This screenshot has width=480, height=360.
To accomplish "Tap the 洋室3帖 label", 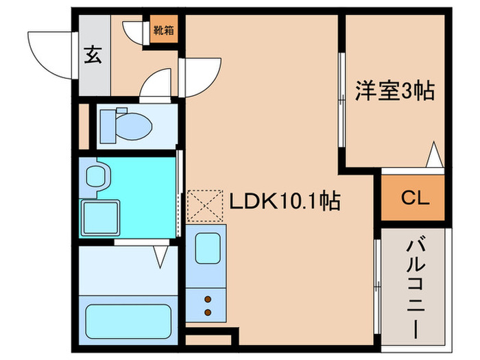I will point(394,91).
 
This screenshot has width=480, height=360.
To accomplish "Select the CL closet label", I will point(413,199).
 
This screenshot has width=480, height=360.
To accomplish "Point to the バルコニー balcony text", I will point(413,287).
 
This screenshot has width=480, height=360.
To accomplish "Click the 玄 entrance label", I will point(93,54).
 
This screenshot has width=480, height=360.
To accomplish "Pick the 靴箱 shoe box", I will point(163,31).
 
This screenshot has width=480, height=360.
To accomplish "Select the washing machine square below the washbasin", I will point(100,217).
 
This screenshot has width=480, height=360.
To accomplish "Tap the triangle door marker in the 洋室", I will point(433,155).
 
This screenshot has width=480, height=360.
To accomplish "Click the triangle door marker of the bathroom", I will point(161,255).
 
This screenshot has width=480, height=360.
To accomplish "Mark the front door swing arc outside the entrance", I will point(51,55).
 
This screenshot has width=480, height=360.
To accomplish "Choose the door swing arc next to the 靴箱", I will point(134,33).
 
